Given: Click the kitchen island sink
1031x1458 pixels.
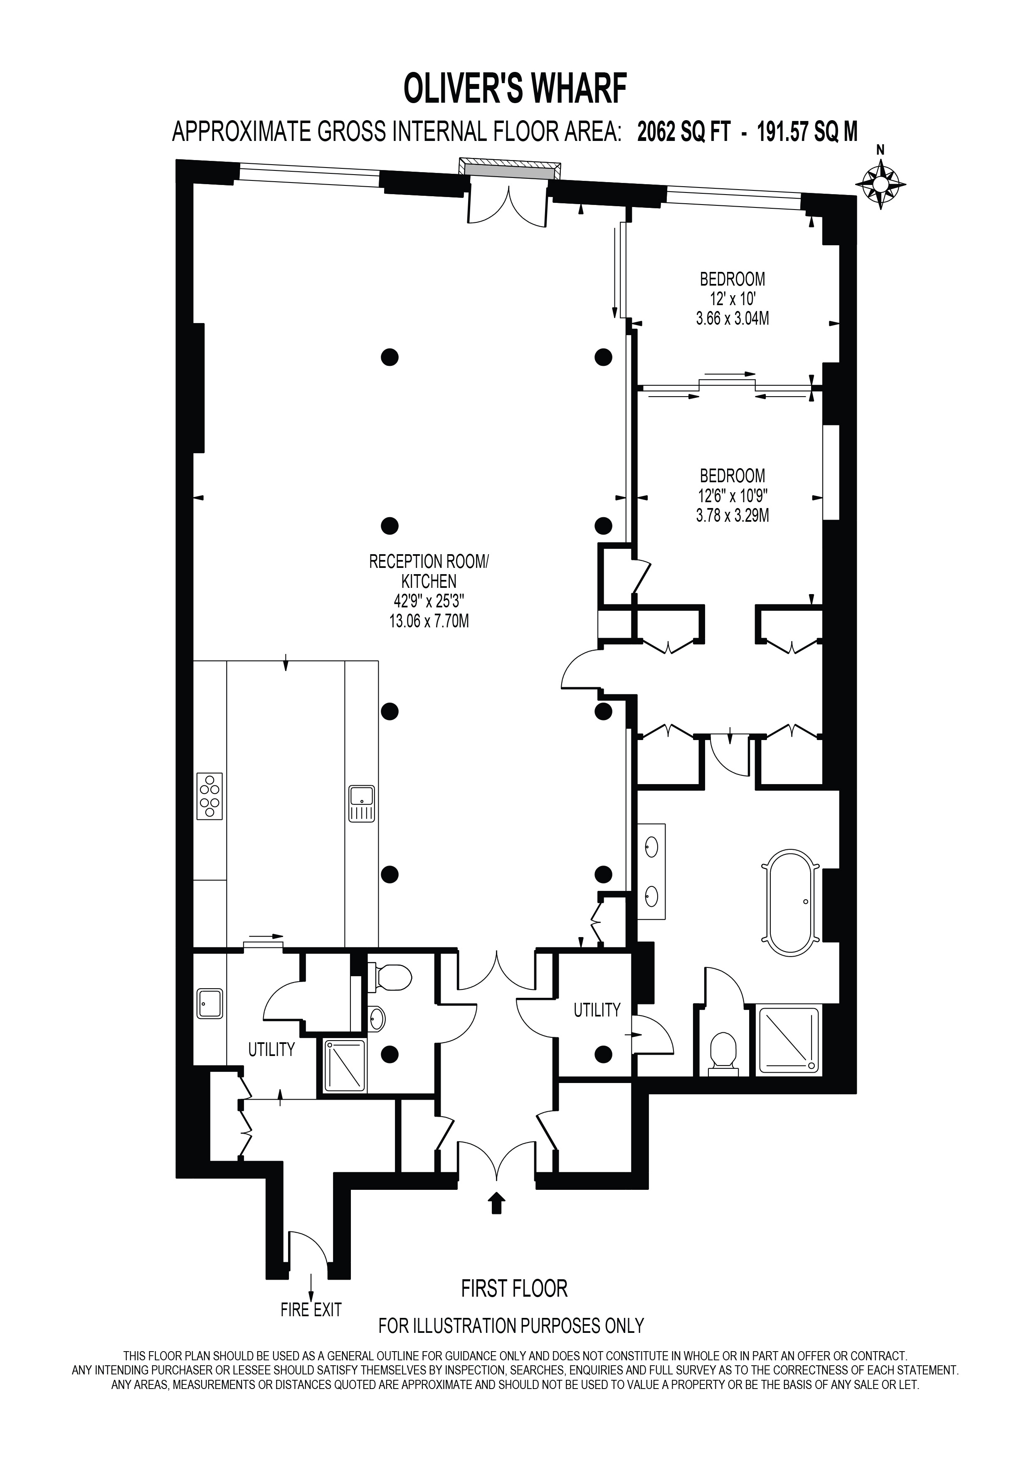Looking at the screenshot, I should [x=361, y=804].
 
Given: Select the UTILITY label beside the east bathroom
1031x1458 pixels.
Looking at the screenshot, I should [x=596, y=1010].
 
